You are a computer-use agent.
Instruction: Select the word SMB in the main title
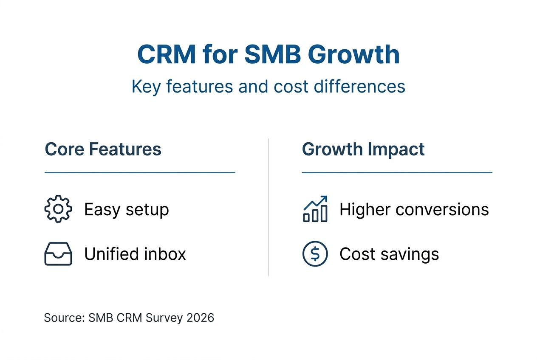(266, 54)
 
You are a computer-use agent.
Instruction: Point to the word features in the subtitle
(199, 86)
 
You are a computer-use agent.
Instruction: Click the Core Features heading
(103, 149)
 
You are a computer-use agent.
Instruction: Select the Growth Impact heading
(363, 149)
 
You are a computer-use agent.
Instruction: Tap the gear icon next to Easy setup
(58, 209)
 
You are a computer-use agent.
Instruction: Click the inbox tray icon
(58, 254)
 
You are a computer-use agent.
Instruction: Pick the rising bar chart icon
(315, 209)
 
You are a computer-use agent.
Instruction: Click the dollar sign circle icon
(315, 254)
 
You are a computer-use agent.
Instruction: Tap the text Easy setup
(126, 209)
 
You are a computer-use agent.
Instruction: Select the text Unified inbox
(135, 254)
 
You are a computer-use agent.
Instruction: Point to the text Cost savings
(389, 254)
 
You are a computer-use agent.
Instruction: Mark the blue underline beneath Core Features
(140, 173)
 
